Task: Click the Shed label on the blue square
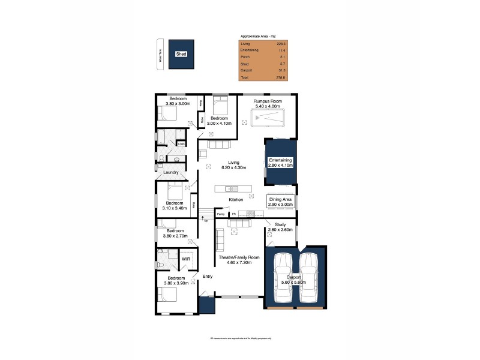tap(181, 54)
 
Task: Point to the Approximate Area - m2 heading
tap(257, 37)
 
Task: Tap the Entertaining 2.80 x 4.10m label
tap(280, 163)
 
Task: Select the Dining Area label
tap(281, 202)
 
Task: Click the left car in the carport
tap(282, 279)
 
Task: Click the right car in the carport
tap(308, 279)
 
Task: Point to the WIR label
tap(178, 260)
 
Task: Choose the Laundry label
tap(171, 173)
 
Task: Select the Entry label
tap(208, 277)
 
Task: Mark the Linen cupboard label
tap(181, 144)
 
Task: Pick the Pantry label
tap(220, 214)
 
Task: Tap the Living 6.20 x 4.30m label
tap(234, 165)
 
